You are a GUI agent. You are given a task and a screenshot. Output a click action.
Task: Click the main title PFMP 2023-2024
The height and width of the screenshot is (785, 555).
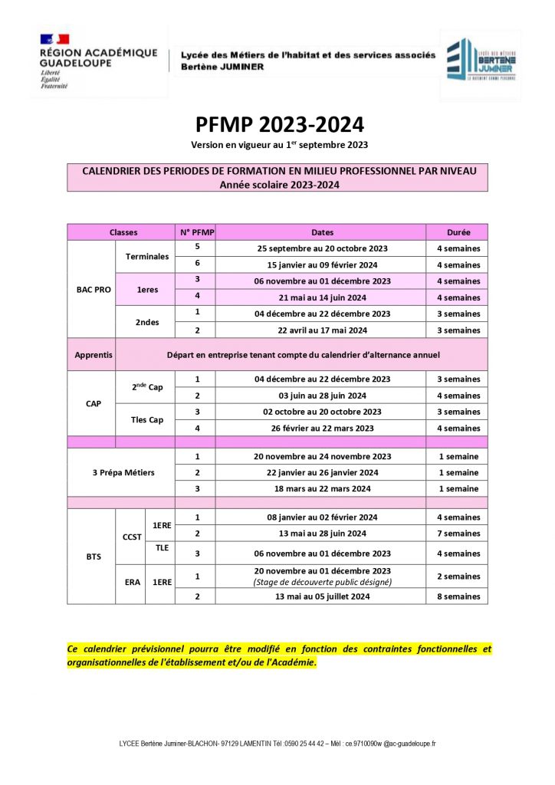coord(278,124)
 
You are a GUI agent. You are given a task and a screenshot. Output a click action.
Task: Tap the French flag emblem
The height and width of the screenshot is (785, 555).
coord(54,38)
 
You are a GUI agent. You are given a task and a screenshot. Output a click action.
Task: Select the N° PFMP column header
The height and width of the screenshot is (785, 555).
coord(195,232)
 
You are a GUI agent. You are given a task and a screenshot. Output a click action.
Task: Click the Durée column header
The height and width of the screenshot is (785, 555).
coord(458,232)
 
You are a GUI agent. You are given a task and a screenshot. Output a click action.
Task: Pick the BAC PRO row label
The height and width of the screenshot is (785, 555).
coord(94,290)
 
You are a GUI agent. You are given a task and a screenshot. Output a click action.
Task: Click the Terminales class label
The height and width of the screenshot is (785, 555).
coord(146,256)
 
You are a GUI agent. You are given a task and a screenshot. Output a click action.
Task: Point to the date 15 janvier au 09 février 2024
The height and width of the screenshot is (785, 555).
coord(321,264)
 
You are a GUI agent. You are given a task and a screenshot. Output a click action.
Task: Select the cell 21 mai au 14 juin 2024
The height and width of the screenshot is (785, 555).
coord(321,297)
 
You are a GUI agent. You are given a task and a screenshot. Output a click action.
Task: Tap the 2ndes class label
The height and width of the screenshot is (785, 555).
coord(146,322)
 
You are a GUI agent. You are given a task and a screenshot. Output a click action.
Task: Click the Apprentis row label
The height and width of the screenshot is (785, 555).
coord(94,355)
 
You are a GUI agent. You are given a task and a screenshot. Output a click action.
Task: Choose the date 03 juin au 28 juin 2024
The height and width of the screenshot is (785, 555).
coord(321,396)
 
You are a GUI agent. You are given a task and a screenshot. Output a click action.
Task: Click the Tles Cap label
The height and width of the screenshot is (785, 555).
coord(146,420)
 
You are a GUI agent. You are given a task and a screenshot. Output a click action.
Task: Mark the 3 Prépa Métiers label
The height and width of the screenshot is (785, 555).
coord(123,472)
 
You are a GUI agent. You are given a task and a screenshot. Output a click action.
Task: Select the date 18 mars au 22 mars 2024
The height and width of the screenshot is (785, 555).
coord(321,488)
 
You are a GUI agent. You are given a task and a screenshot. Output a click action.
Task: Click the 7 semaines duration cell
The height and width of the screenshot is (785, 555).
coord(458,534)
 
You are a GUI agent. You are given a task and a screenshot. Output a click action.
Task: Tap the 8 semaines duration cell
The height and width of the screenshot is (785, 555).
coord(458,596)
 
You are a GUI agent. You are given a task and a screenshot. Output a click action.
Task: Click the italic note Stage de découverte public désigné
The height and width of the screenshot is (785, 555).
coord(321,582)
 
